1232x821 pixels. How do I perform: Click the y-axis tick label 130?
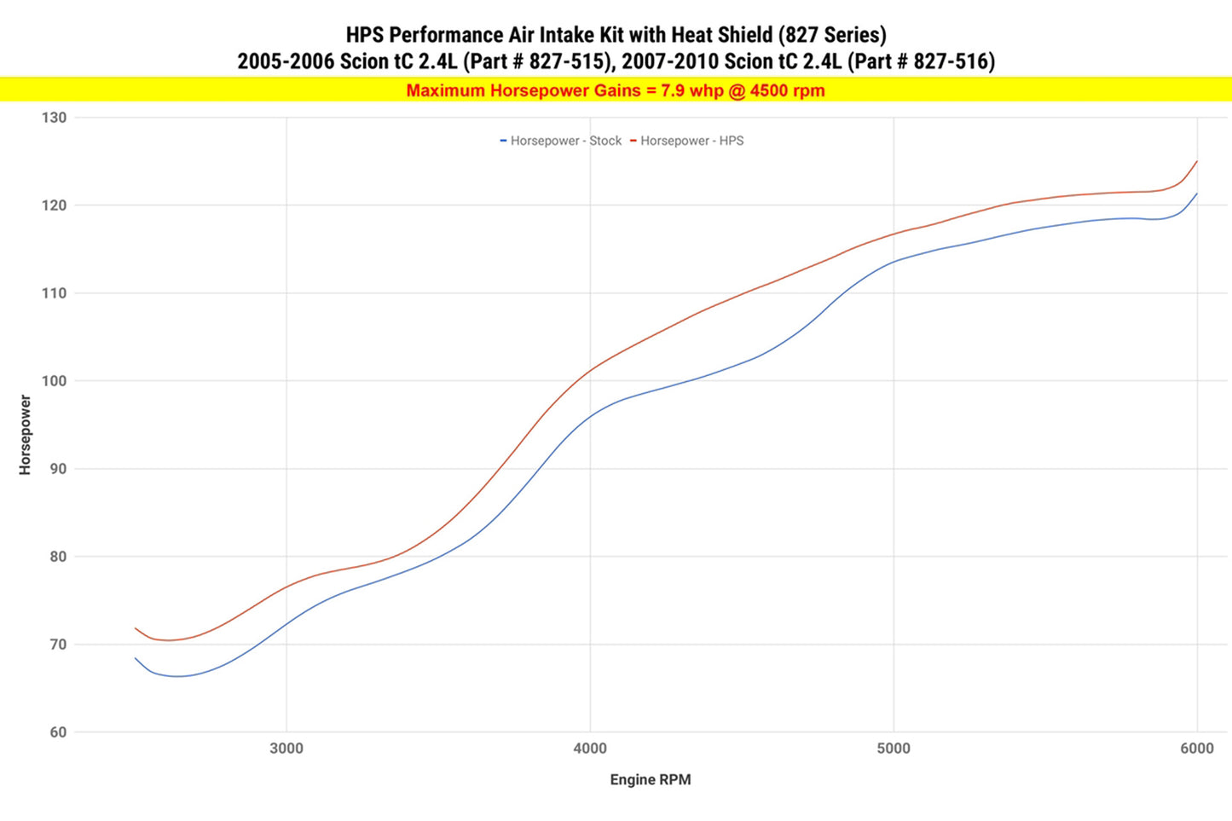54,118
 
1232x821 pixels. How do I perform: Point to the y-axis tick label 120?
54,205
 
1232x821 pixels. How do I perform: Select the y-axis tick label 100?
54,381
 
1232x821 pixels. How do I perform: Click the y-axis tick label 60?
57,732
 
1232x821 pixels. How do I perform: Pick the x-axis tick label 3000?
286,749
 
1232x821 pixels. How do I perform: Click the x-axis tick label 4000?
590,749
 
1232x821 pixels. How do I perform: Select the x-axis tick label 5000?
894,749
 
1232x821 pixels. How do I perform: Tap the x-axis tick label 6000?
1197,749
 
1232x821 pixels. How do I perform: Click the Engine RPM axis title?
651,780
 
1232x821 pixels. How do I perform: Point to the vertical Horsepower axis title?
25,435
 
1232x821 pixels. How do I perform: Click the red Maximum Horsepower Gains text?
616,90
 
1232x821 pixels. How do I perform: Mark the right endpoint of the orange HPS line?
1197,161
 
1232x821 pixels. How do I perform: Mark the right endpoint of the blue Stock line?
1197,194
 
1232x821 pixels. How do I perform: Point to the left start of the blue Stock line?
136,658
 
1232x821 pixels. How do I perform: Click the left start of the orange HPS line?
136,628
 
